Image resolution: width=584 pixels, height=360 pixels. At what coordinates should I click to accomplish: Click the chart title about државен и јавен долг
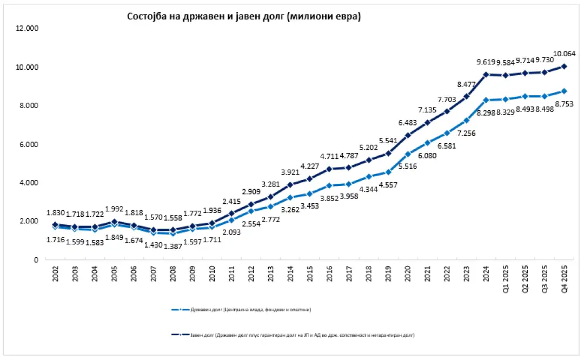243,17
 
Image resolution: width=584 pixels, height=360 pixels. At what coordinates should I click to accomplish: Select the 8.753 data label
565,103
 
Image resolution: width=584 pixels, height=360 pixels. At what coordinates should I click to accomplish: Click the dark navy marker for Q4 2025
564,66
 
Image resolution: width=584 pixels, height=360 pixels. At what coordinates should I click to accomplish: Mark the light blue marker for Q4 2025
564,91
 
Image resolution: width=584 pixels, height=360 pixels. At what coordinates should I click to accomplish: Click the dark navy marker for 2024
486,75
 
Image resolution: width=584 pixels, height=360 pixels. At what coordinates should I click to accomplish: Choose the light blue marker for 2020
408,154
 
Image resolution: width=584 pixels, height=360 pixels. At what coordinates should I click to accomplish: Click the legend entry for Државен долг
243,310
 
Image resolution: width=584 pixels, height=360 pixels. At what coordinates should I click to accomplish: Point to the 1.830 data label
55,212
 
